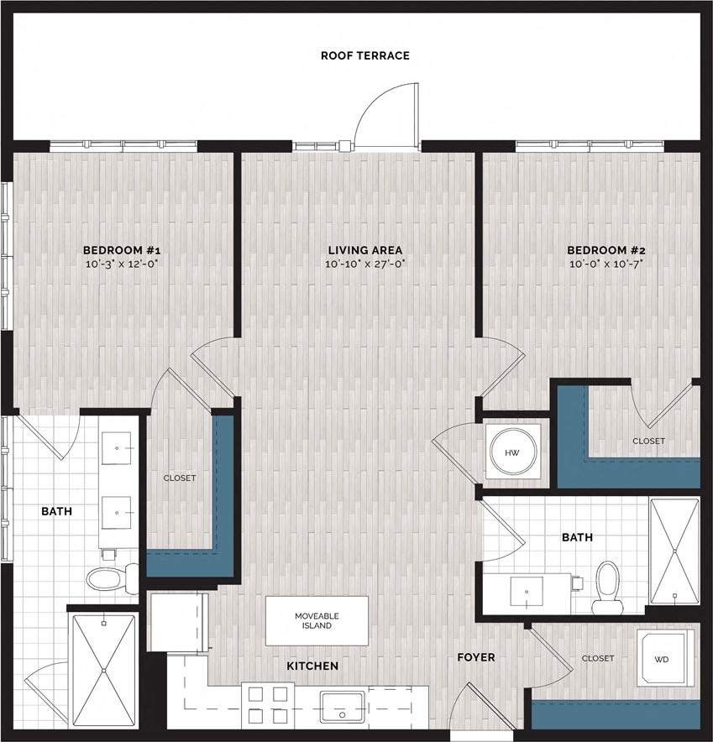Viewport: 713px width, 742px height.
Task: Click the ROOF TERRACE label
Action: click(364, 56)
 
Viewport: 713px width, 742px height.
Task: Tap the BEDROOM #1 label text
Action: click(121, 250)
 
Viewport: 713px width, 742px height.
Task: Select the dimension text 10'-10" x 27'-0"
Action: click(364, 264)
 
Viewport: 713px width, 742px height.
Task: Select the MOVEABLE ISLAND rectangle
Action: click(317, 621)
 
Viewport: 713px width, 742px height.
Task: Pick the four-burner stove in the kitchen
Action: click(268, 705)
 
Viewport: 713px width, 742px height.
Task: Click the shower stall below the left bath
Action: click(102, 669)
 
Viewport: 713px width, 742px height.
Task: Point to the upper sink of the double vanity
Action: click(118, 448)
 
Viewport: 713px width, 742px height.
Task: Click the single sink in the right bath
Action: click(527, 592)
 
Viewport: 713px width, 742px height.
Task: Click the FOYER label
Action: click(476, 657)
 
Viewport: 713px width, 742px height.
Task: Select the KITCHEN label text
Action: click(312, 666)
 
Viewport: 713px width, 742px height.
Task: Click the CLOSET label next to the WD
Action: click(597, 658)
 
